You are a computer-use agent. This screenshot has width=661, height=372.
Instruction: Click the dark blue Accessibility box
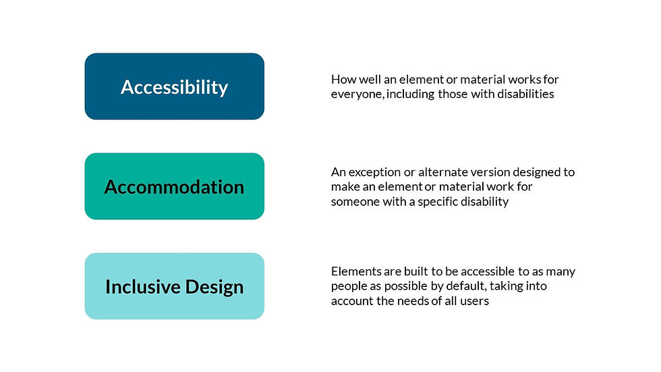174,86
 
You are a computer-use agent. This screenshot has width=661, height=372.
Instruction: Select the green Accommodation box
174,186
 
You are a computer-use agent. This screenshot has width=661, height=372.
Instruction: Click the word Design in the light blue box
212,286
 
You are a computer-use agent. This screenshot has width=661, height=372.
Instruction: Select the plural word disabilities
526,95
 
